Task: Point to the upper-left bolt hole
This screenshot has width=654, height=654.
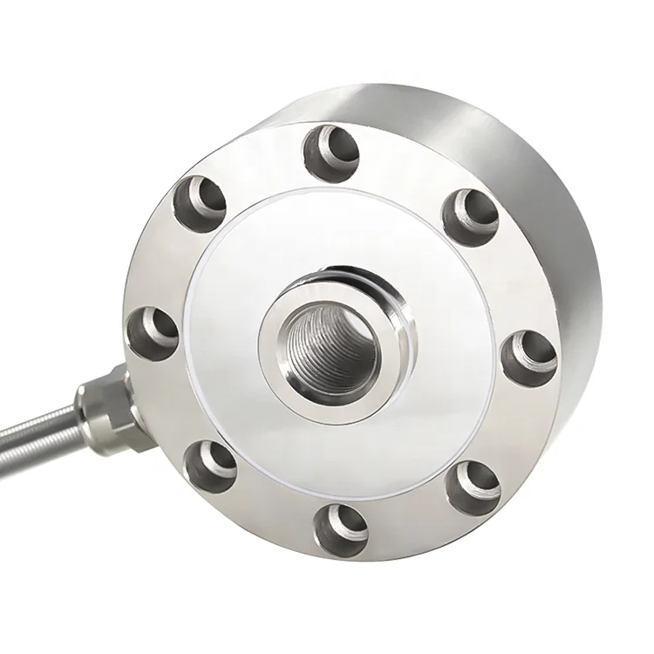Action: (x=201, y=201)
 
